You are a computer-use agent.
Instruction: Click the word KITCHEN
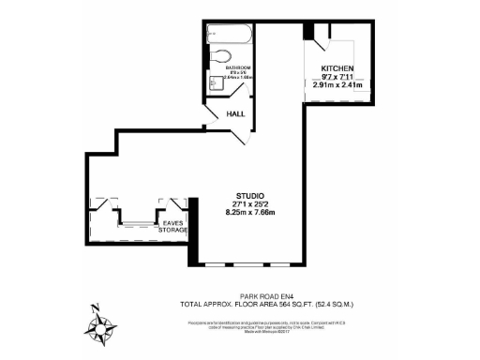pyautogui.click(x=337, y=69)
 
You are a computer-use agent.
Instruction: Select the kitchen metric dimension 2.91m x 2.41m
pyautogui.click(x=337, y=85)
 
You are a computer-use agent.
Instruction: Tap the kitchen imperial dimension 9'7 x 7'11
pyautogui.click(x=337, y=78)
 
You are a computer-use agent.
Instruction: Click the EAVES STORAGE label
pyautogui.click(x=172, y=226)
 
